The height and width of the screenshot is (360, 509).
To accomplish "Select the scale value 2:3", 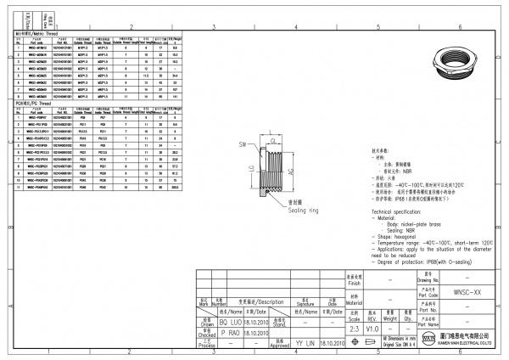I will click(353, 329).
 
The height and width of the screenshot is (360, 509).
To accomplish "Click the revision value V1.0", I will click(372, 329).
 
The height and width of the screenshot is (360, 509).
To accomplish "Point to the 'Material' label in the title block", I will click(354, 301).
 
